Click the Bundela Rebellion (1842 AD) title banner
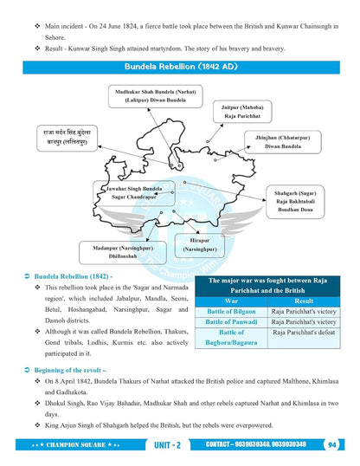[179, 67]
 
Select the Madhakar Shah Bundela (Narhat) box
[149, 94]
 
